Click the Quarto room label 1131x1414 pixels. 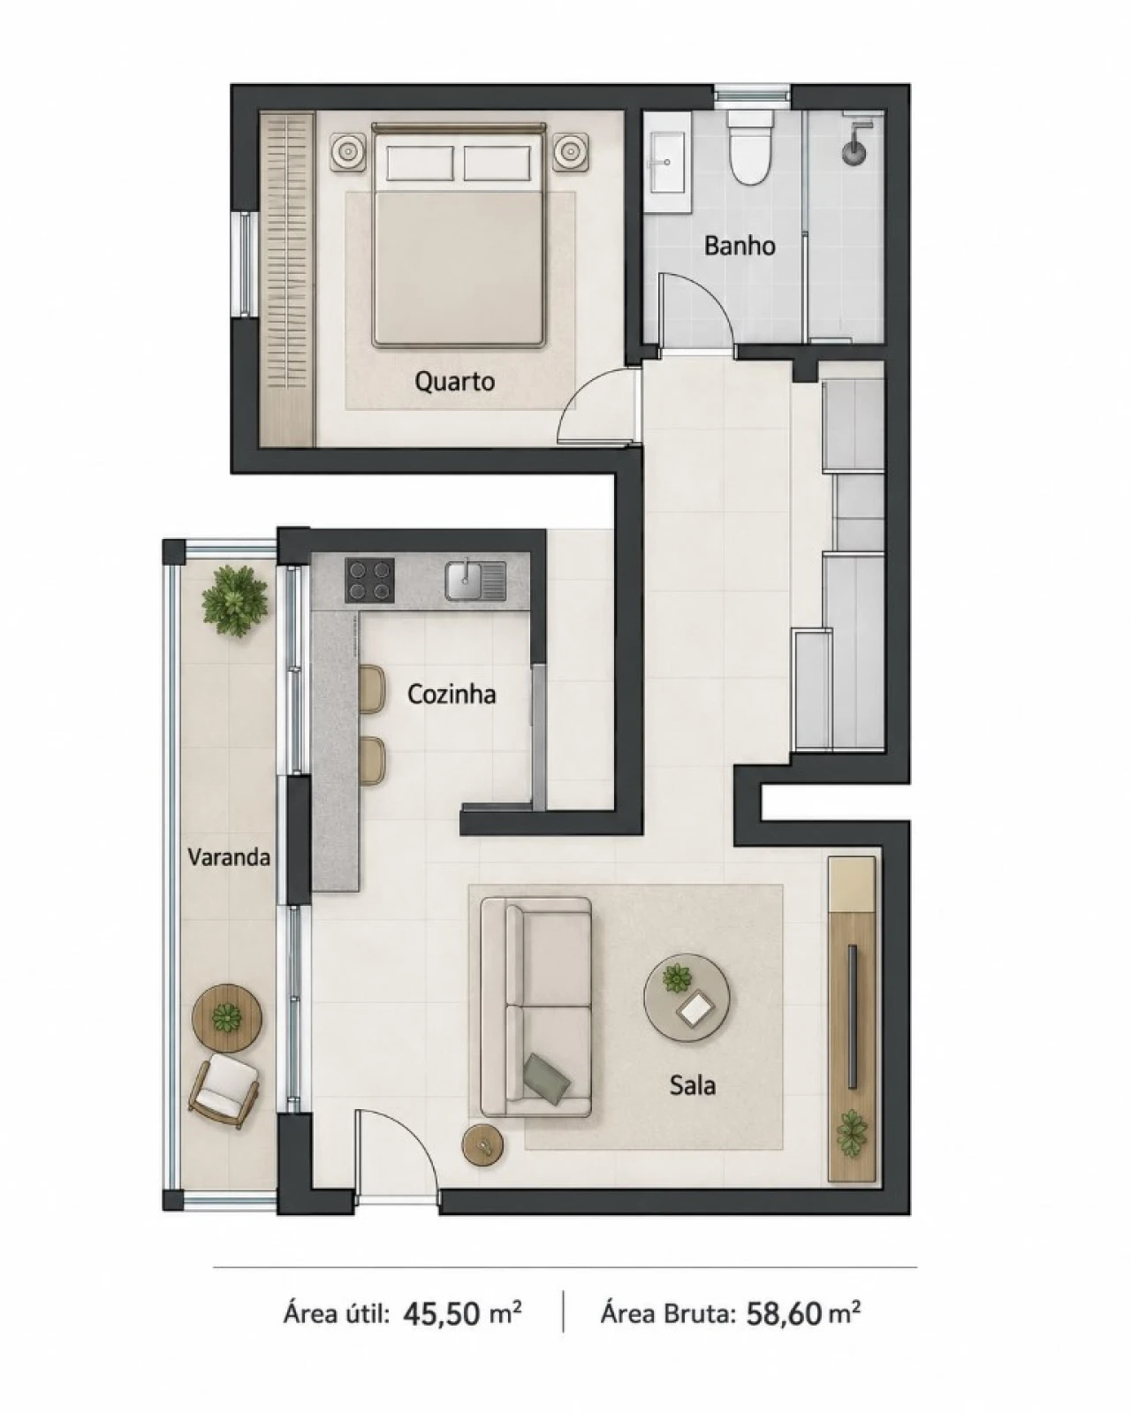pyautogui.click(x=454, y=382)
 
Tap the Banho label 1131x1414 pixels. pyautogui.click(x=740, y=246)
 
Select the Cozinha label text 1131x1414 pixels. pyautogui.click(x=452, y=694)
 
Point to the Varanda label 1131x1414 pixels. pyautogui.click(x=229, y=857)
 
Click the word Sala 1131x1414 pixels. pyautogui.click(x=692, y=1085)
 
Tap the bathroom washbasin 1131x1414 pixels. pyautogui.click(x=668, y=163)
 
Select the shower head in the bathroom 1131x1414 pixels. pyautogui.click(x=854, y=146)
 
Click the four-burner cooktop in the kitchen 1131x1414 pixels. pyautogui.click(x=370, y=581)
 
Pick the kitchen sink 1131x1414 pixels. pyautogui.click(x=475, y=581)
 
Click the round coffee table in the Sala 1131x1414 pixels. pyautogui.click(x=686, y=998)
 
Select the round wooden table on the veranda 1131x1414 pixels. pyautogui.click(x=227, y=1018)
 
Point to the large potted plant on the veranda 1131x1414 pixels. pyautogui.click(x=235, y=601)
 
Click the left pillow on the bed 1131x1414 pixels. pyautogui.click(x=420, y=163)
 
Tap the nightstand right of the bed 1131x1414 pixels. pyautogui.click(x=571, y=153)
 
